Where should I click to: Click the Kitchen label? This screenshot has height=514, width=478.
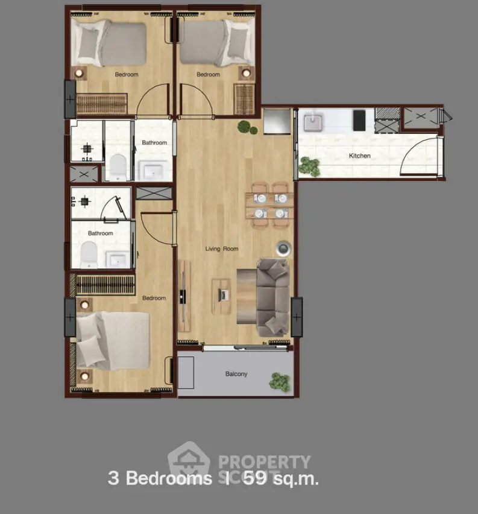point(359,156)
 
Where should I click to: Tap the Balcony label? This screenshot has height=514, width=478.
point(236,373)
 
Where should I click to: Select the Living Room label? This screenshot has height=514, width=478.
point(222,249)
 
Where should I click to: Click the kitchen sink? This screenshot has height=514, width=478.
point(313,122)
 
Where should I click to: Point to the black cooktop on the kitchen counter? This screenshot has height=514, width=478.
point(359,120)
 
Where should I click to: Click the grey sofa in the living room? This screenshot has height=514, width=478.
point(272,297)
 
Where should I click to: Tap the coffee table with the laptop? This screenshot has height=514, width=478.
point(221,296)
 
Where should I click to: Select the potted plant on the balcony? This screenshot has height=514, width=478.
point(280,382)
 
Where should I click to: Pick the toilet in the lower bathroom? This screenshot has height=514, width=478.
point(89,255)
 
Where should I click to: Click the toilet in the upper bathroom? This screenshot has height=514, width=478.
point(118,168)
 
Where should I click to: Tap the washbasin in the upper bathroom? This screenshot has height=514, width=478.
point(153,171)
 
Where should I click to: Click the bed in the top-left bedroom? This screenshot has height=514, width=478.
point(108,43)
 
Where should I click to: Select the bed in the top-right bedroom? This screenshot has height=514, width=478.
point(218,42)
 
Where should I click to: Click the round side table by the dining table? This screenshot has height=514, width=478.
point(283,249)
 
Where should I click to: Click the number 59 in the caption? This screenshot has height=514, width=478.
point(255,478)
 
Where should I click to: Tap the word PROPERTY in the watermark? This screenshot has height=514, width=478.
point(265,462)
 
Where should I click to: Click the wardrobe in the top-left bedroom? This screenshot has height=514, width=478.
point(101,104)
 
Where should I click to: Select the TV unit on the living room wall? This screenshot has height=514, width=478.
point(184,296)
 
